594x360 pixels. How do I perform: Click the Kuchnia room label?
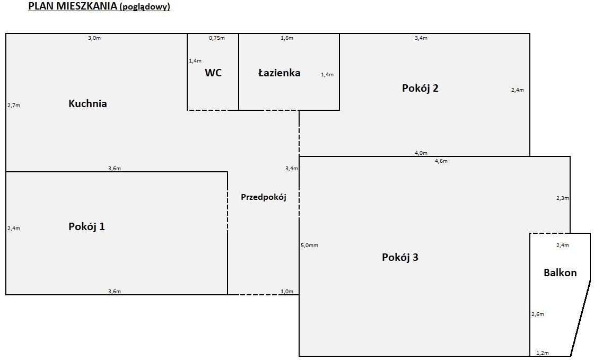tap(88, 104)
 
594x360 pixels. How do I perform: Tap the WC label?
tap(213, 73)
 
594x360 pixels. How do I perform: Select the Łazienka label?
tap(279, 73)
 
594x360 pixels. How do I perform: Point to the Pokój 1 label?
tap(86, 227)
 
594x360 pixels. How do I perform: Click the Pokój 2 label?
tap(420, 89)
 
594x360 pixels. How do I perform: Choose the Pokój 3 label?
tap(400, 258)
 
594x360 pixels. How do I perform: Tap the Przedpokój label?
tap(263, 197)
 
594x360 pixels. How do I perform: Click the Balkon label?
tap(560, 273)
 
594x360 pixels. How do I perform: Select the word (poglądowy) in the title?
tap(145, 7)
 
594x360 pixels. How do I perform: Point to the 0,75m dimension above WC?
tap(216, 38)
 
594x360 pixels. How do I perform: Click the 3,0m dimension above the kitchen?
tap(94, 38)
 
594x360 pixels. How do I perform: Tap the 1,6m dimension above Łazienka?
tap(286, 38)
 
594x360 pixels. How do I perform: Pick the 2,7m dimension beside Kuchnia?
tap(14, 106)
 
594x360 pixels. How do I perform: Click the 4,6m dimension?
tap(441, 161)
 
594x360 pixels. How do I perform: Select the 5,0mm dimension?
tap(309, 245)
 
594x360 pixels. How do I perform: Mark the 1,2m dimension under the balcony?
tap(542, 353)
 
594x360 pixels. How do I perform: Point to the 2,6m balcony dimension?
tap(538, 314)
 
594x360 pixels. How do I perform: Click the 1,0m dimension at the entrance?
tap(286, 292)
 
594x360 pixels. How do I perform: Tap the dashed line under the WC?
tap(213, 110)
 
